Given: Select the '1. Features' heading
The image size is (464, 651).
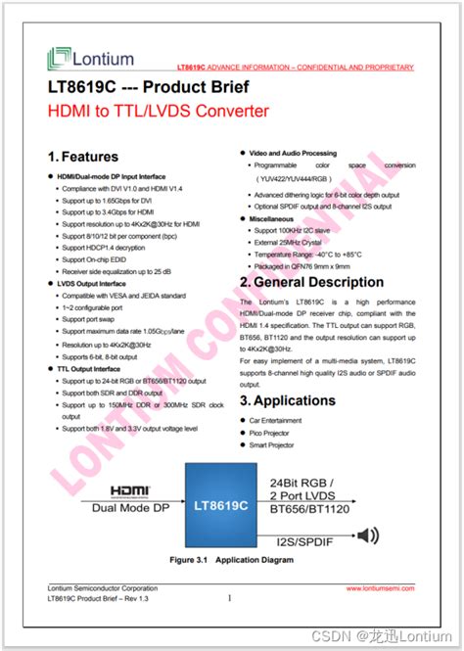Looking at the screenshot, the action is [83, 157].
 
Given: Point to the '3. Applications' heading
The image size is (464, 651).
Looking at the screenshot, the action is [288, 400].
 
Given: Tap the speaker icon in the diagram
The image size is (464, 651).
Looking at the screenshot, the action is [368, 535].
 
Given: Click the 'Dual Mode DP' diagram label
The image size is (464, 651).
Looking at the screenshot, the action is [129, 509].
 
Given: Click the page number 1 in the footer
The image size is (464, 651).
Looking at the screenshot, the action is [229, 598].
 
